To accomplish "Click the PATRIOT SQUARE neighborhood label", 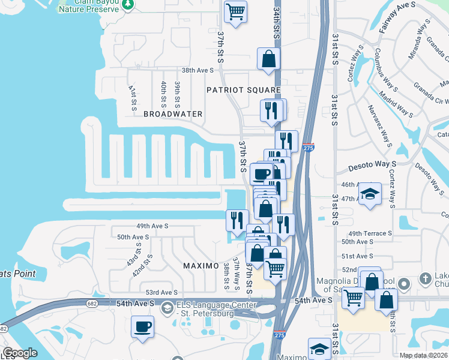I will click(x=243, y=90).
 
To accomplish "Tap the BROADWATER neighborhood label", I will click(x=173, y=114).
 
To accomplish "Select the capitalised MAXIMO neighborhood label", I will click(x=200, y=265).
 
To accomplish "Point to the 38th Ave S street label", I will click(x=198, y=70).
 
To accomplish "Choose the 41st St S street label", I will click(x=133, y=97).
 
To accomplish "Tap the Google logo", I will click(x=20, y=353).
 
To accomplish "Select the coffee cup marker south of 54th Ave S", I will click(x=143, y=328).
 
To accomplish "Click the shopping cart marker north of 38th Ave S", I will click(x=235, y=11).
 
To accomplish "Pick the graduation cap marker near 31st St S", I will click(x=370, y=194).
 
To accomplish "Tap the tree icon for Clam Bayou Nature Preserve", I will click(x=127, y=4).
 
